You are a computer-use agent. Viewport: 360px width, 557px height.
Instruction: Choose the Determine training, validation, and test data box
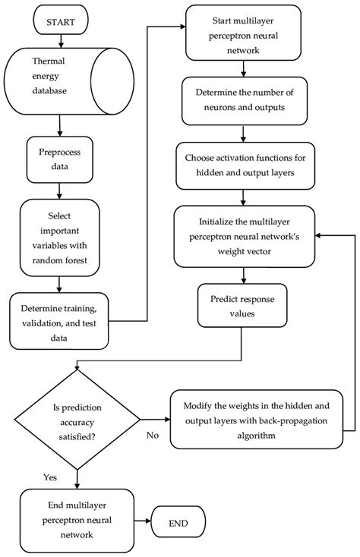(x=59, y=318)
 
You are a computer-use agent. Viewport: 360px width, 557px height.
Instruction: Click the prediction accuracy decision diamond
(x=75, y=419)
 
